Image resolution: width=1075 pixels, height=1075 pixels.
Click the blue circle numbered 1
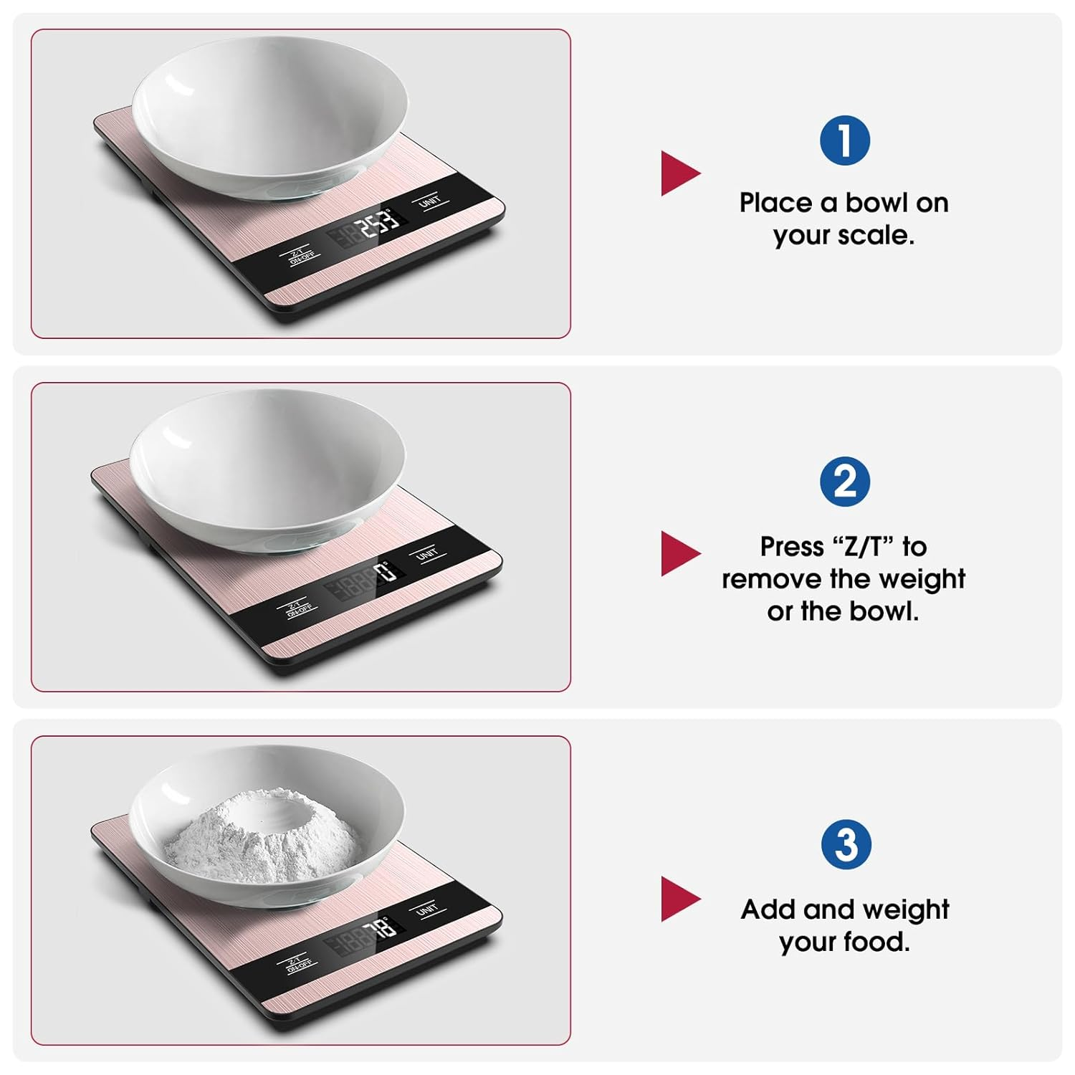tap(845, 140)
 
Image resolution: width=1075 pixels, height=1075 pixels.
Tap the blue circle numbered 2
tap(845, 481)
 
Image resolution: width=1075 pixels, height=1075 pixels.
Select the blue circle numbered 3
tap(846, 844)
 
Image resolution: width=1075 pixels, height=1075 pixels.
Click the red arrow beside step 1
tap(679, 173)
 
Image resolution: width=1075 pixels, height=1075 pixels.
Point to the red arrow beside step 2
tap(679, 553)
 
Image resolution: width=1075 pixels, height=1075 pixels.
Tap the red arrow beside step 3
tap(679, 899)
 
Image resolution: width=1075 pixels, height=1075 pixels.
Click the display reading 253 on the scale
tap(378, 225)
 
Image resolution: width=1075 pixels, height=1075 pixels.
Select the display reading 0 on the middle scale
tap(384, 573)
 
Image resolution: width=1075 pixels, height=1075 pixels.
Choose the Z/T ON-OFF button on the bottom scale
tap(299, 964)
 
